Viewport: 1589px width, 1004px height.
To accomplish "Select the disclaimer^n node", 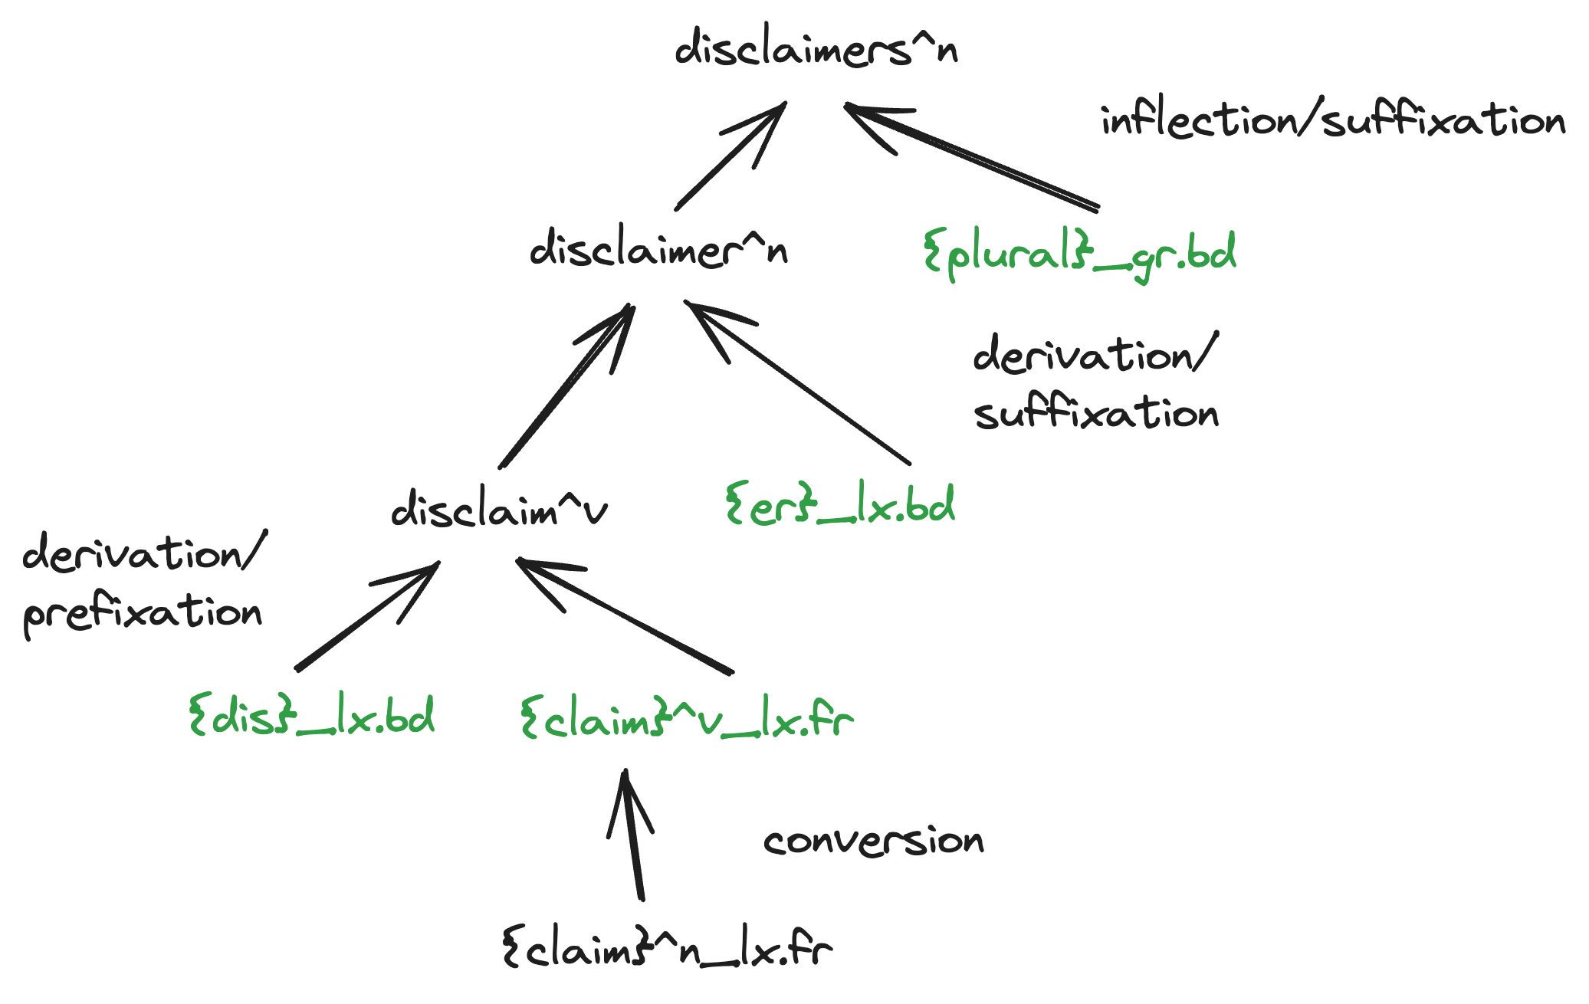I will coord(658,249).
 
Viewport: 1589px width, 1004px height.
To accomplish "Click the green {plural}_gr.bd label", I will coord(1079,254).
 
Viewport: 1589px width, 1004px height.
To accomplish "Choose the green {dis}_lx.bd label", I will coord(311,717).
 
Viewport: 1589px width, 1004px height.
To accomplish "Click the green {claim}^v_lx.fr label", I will coord(686,719).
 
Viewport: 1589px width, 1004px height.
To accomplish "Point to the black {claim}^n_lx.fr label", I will coord(667,949).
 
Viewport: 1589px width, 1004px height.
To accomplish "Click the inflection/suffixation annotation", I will coord(1332,120).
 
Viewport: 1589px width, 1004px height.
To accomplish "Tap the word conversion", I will coord(873,841).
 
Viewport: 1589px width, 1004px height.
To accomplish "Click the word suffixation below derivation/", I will coord(1096,414).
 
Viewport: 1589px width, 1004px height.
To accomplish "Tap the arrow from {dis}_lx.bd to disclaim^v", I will coord(367,616).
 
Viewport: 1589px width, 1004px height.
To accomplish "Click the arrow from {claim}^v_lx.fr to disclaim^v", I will coord(625,616).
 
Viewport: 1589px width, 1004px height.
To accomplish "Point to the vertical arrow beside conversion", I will coord(633,835).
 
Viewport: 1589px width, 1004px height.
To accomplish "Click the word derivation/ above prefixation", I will coord(144,553).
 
